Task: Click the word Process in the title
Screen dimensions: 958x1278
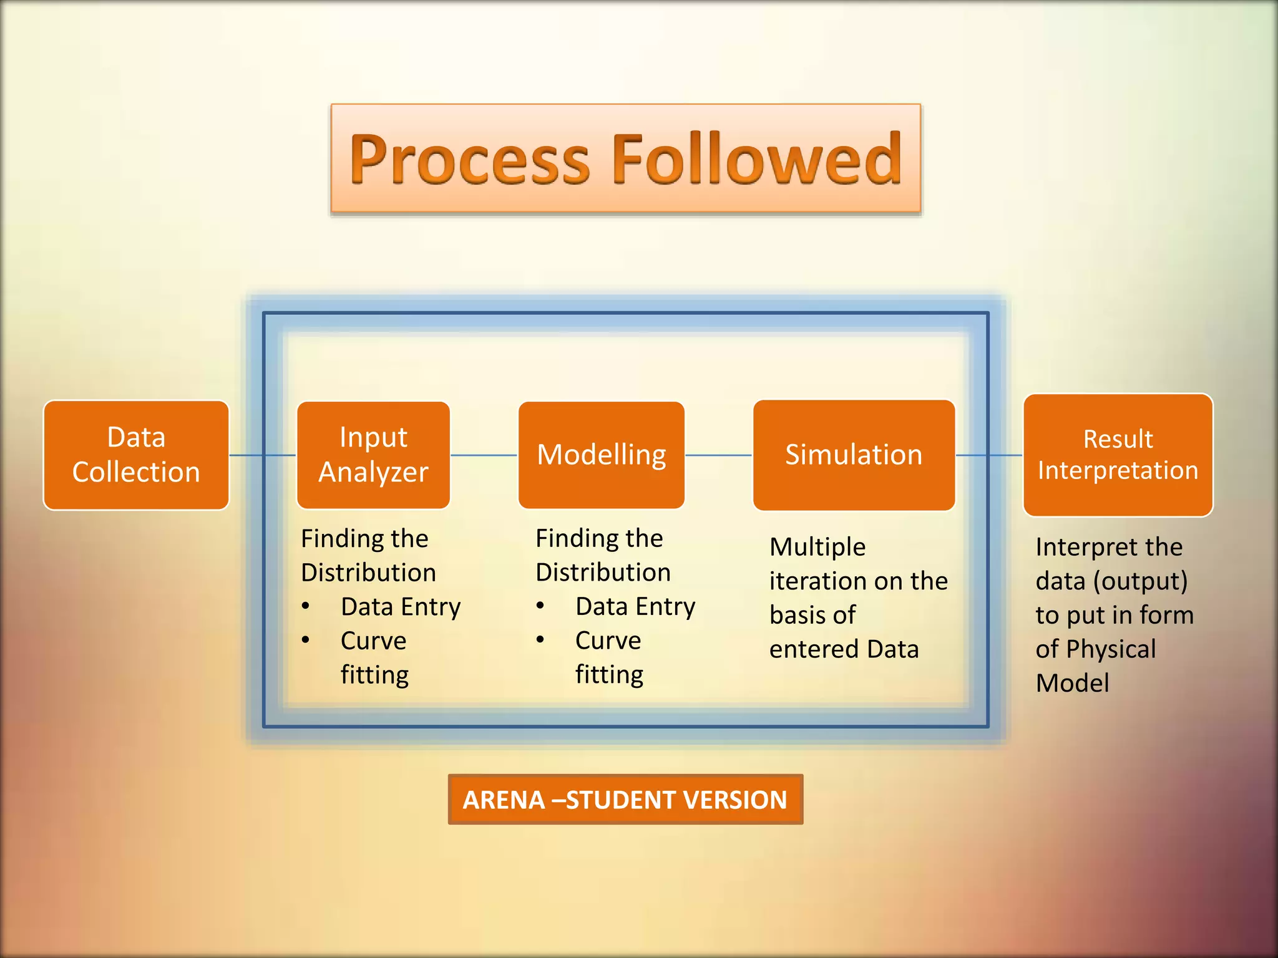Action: tap(469, 160)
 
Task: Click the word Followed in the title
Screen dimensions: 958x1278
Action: tap(757, 160)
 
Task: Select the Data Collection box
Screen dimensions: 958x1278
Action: tap(136, 455)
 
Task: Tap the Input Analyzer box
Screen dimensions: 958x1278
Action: tap(373, 455)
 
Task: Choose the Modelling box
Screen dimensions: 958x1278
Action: tap(602, 455)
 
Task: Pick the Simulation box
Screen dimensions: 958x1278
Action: tap(854, 455)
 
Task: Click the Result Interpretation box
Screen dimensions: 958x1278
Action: tap(1118, 455)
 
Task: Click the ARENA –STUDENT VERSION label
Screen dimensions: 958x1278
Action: tap(625, 800)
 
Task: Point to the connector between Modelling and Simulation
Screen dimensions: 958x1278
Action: tap(719, 455)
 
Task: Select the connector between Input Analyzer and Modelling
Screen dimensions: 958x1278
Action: tap(484, 455)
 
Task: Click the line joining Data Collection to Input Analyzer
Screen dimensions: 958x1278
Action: tap(262, 455)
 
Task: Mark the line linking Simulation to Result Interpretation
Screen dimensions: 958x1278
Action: tap(990, 455)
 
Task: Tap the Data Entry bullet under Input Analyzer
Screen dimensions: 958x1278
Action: tap(401, 607)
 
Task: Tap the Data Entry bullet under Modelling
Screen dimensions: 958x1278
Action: tap(635, 607)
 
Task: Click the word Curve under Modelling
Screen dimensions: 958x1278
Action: tap(608, 641)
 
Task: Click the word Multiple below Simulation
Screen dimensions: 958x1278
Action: tap(817, 548)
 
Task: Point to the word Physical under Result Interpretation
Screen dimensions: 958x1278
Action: tap(1111, 649)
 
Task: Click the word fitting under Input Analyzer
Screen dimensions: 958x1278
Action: tap(374, 675)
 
